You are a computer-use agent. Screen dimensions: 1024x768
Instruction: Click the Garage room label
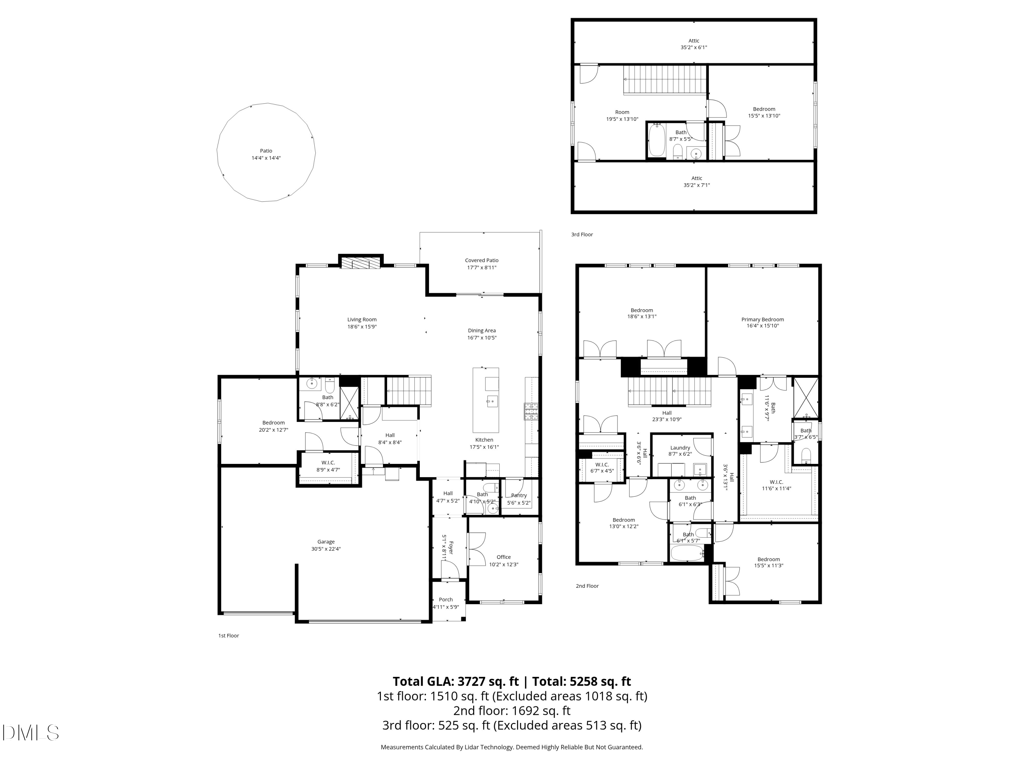(x=326, y=542)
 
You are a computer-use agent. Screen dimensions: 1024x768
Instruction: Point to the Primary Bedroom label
(x=763, y=319)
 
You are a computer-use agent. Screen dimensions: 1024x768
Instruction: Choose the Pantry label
(x=519, y=495)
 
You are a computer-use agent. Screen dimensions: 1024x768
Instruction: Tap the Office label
(x=504, y=557)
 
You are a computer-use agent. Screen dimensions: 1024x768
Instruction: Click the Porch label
(x=446, y=599)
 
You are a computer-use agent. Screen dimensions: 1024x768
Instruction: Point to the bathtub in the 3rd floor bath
(x=656, y=141)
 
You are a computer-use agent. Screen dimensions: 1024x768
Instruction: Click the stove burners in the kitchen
(x=531, y=412)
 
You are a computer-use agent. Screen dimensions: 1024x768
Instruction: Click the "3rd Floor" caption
(x=582, y=235)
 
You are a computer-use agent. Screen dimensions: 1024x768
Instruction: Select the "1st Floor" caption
(x=229, y=636)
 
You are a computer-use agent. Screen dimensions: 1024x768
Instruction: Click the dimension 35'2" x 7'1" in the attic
(x=697, y=185)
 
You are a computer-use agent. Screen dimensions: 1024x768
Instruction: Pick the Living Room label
(x=362, y=319)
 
